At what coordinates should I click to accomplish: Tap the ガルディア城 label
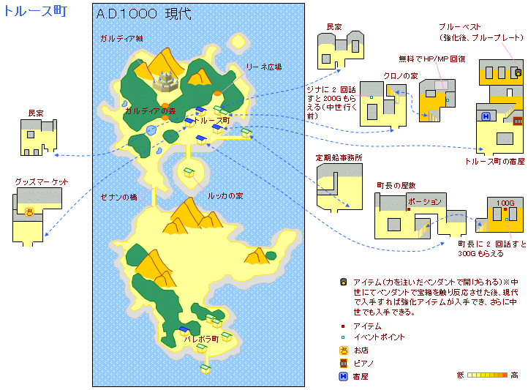[121, 38]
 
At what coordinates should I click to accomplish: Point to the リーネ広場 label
[264, 66]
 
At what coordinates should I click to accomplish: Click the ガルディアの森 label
[150, 110]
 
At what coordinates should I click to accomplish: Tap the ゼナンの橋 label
[119, 197]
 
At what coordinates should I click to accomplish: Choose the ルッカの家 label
[225, 196]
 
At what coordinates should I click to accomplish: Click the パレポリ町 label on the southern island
[201, 340]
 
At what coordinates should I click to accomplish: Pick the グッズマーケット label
[42, 181]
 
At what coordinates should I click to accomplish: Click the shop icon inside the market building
[29, 211]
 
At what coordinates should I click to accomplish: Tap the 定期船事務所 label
[339, 157]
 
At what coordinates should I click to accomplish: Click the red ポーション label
[425, 201]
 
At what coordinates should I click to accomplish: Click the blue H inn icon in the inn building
[485, 116]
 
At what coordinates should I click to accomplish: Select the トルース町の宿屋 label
[494, 162]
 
